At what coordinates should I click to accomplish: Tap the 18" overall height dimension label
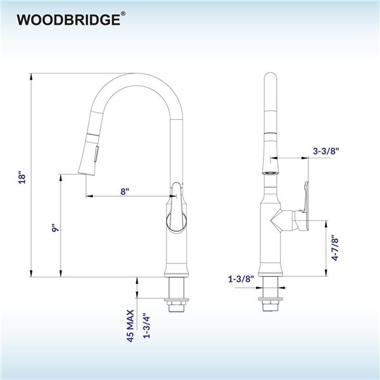coord(22,177)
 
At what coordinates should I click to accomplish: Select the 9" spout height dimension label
coord(55,229)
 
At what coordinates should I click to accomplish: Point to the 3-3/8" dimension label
coord(326,151)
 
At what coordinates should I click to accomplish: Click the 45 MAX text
coord(130,324)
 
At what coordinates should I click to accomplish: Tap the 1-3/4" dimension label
coord(146,324)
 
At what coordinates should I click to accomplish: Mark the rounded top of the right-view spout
coord(270,79)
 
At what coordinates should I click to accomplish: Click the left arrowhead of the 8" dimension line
coord(87,198)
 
